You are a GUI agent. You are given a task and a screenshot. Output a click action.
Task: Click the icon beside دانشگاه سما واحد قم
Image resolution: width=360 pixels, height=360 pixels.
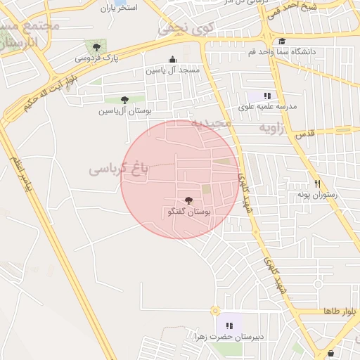click(281, 41)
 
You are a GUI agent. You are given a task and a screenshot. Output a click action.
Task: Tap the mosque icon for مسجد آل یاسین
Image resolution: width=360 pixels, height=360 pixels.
click(173, 59)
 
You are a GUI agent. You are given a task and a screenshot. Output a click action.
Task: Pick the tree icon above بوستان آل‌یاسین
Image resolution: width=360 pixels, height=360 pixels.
click(125, 100)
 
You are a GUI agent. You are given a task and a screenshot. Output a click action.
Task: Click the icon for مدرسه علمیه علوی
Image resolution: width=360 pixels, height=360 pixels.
click(267, 95)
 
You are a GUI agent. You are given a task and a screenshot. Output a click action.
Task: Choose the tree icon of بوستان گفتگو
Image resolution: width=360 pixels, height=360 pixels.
click(188, 200)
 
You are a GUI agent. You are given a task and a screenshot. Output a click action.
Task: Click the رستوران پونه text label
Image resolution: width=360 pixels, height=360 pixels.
click(317, 194)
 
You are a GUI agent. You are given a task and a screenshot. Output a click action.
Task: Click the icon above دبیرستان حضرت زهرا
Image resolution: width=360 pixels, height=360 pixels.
click(229, 326)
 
